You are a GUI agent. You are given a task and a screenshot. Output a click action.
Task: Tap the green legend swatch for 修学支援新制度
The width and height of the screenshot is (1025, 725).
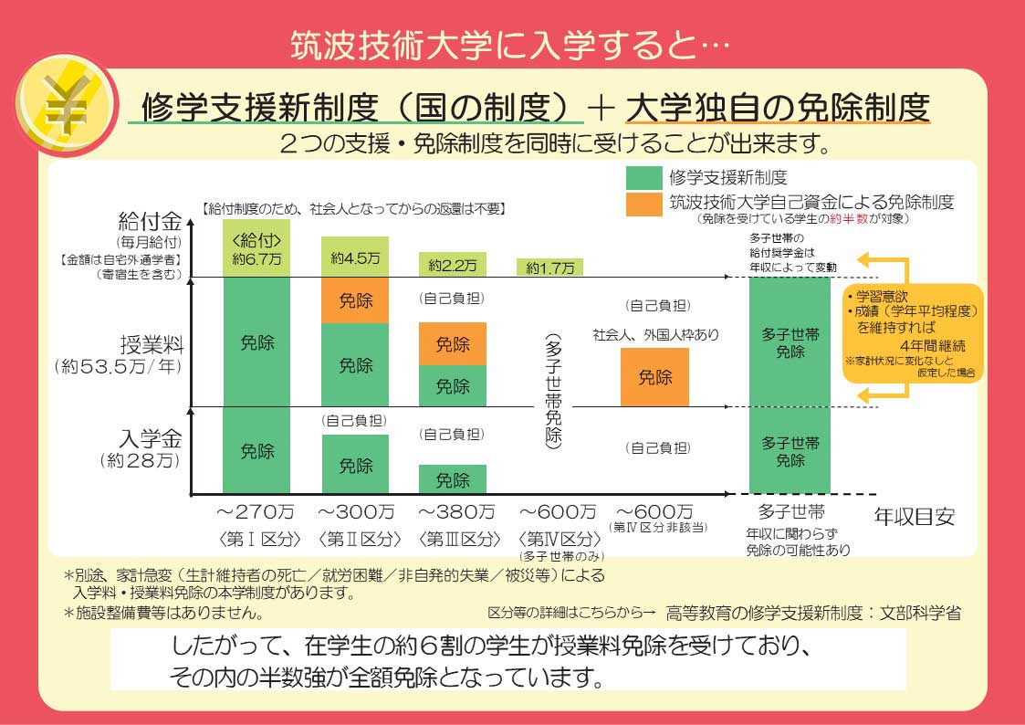point(643,178)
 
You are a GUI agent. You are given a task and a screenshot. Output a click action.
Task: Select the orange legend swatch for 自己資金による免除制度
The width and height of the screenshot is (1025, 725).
point(643,204)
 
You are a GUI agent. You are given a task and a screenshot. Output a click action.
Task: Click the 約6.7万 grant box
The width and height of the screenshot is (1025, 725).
point(256,248)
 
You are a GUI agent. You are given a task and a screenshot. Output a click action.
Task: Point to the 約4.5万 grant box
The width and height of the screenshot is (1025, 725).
point(355,257)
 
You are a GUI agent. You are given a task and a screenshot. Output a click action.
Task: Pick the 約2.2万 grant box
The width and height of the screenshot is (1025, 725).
point(453,265)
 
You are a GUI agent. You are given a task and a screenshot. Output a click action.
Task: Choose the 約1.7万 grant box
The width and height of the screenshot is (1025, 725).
point(549,268)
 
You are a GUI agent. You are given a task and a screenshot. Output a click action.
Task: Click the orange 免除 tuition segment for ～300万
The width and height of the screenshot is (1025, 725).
point(355,300)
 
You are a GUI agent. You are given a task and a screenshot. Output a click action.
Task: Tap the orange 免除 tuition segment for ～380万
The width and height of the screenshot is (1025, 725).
point(453,344)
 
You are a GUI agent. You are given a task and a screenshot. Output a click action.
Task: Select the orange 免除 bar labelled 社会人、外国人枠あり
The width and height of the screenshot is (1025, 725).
point(654,377)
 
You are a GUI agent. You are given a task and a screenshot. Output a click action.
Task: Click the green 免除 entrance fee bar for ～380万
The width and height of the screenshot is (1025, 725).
point(453,479)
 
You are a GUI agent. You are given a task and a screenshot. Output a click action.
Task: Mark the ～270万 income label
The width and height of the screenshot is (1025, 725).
point(256,511)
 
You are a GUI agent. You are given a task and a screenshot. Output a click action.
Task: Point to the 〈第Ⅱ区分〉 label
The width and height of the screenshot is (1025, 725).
point(359,540)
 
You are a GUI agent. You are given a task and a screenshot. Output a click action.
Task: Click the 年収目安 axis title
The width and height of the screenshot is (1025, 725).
point(915,517)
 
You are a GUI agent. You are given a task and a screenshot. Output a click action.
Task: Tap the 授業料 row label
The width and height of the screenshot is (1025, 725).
point(152,344)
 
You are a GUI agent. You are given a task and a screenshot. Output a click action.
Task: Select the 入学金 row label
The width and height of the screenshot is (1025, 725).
point(151,438)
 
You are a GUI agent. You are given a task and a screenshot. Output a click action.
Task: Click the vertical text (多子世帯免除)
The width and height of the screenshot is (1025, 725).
point(553,390)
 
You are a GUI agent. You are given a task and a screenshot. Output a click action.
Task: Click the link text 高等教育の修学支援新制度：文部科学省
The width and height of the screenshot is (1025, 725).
point(813,614)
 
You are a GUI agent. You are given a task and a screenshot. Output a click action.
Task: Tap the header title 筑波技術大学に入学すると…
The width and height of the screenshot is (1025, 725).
point(509,45)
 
